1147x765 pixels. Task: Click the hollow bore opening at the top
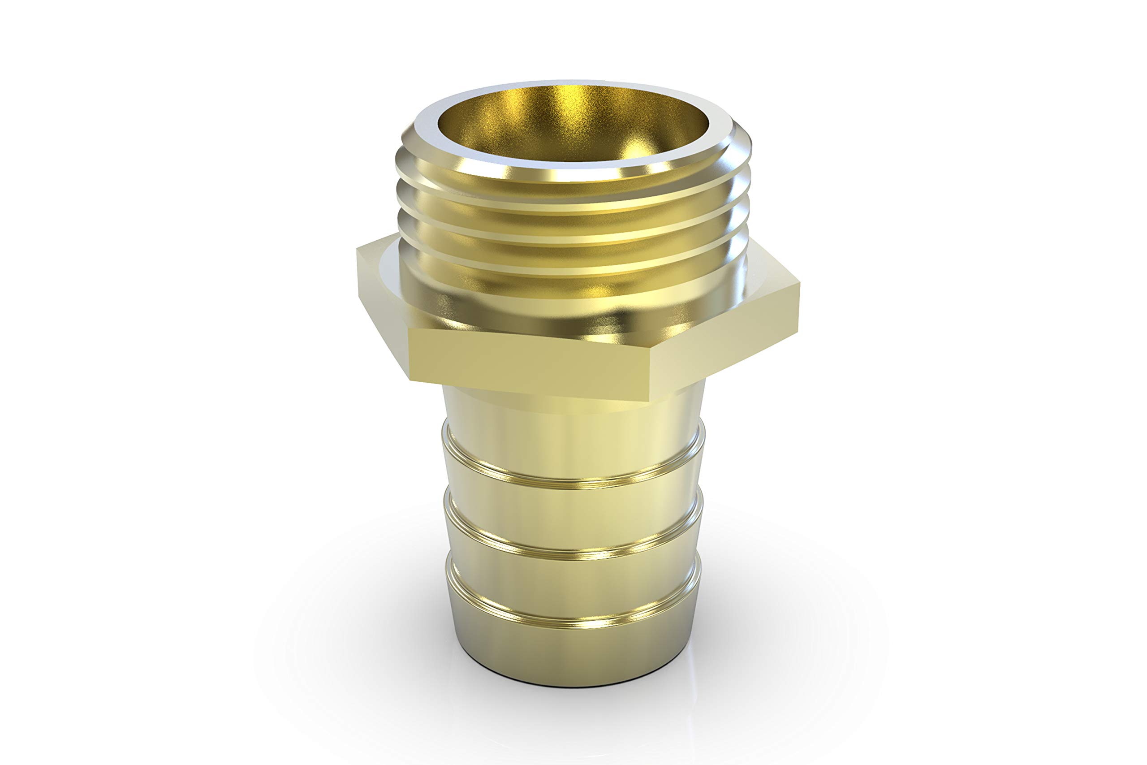[x=573, y=122]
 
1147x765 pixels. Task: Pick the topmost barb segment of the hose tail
[x=573, y=454]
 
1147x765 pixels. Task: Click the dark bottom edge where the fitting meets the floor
[x=573, y=686]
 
